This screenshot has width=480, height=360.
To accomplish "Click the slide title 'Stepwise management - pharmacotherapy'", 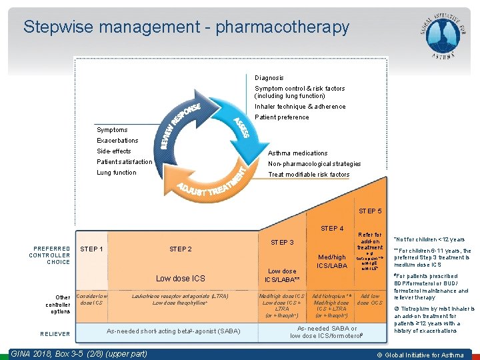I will (186, 27).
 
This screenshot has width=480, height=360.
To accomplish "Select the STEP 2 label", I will (181, 249).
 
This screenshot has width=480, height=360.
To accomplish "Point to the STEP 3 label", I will (282, 242).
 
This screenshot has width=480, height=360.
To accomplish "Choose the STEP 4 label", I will (332, 229).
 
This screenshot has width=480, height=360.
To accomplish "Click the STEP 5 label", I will (370, 211).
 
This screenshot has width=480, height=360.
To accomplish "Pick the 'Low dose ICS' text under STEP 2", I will (180, 278).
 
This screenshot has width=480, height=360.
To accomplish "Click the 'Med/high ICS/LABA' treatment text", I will (331, 262).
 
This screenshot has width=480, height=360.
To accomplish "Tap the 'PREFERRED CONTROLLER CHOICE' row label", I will (49, 255).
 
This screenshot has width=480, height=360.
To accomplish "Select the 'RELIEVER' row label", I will (55, 335).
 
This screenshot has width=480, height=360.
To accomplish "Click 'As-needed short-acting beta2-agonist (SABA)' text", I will (173, 331).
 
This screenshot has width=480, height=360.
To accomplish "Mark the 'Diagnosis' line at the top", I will (269, 78).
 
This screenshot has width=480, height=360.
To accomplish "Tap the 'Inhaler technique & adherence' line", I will (300, 107).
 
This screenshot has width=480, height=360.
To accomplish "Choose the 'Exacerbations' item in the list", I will (117, 141).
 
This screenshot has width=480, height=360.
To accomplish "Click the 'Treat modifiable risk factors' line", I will (309, 175).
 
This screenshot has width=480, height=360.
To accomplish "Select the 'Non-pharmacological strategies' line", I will (314, 164).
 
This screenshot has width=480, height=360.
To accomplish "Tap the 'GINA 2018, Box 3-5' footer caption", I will (79, 353).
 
